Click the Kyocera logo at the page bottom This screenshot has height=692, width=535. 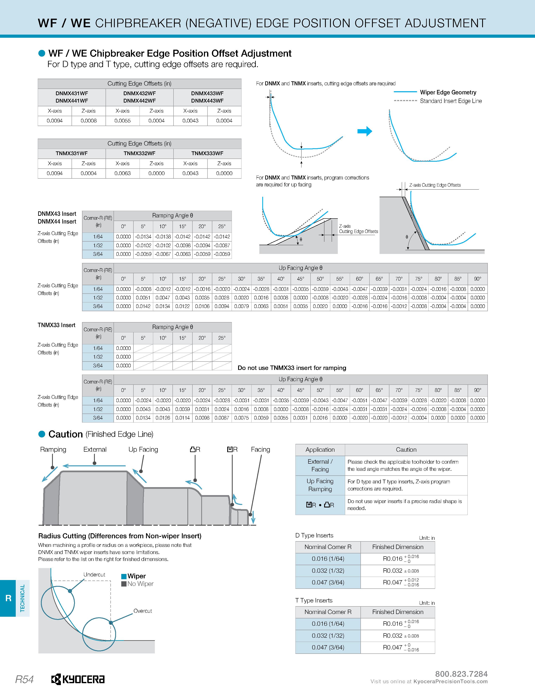pos(78,679)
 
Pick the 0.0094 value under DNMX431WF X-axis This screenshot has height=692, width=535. pos(55,121)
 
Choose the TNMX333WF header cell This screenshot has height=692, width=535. pos(207,153)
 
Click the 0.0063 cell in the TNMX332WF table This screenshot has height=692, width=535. pos(123,173)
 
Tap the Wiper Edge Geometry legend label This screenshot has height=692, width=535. pos(448,92)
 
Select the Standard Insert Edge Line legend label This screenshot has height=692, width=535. pos(451,101)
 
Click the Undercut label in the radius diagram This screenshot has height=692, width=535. pos(94,574)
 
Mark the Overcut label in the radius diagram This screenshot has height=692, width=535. pos(143,611)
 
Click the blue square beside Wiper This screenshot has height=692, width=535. pos(124,576)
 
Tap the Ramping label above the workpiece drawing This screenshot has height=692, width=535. pos(53,449)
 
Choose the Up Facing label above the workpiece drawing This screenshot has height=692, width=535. pos(143,449)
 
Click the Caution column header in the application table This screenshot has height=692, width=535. pos(406,450)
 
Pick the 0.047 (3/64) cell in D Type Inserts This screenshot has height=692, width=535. pos(328,582)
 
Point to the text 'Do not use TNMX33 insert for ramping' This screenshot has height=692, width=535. pos(292,368)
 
